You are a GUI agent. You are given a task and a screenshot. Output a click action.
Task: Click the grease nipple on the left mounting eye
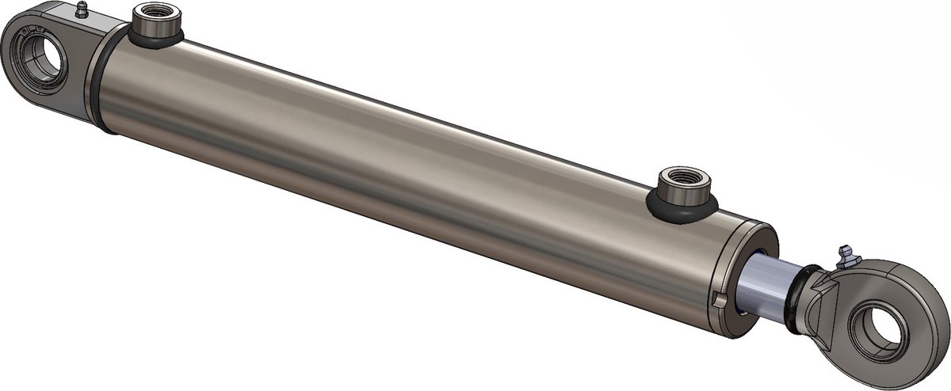[79, 10]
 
